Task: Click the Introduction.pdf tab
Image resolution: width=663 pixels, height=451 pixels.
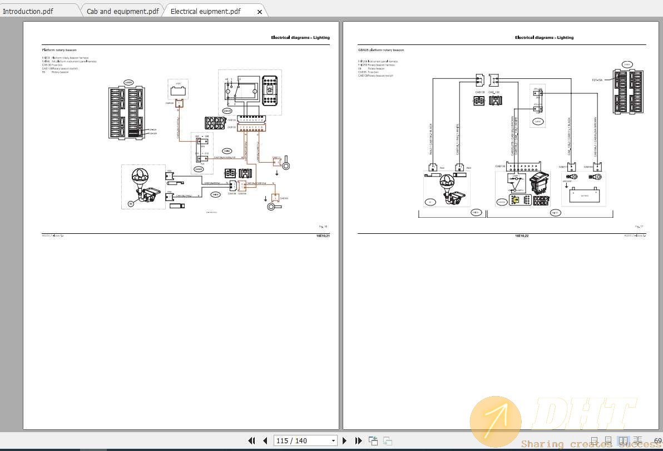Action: pos(28,11)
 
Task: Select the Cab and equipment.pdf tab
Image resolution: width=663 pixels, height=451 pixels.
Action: pos(122,11)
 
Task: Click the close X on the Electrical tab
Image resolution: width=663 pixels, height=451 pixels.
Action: pos(259,12)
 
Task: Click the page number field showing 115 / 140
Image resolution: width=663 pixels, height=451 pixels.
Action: pos(305,440)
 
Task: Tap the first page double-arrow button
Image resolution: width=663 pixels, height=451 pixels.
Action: pos(251,440)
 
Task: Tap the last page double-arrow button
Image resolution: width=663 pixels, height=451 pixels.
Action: pos(359,440)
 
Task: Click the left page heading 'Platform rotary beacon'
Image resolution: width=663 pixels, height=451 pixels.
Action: pos(59,50)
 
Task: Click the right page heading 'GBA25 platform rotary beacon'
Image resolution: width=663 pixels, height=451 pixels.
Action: pos(381,50)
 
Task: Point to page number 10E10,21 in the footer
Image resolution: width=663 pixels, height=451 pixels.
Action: pos(323,236)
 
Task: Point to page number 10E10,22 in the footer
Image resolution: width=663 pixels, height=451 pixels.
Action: pos(521,236)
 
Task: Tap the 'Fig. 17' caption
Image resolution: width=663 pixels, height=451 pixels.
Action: pos(639,227)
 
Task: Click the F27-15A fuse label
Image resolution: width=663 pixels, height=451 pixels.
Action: pos(598,80)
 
